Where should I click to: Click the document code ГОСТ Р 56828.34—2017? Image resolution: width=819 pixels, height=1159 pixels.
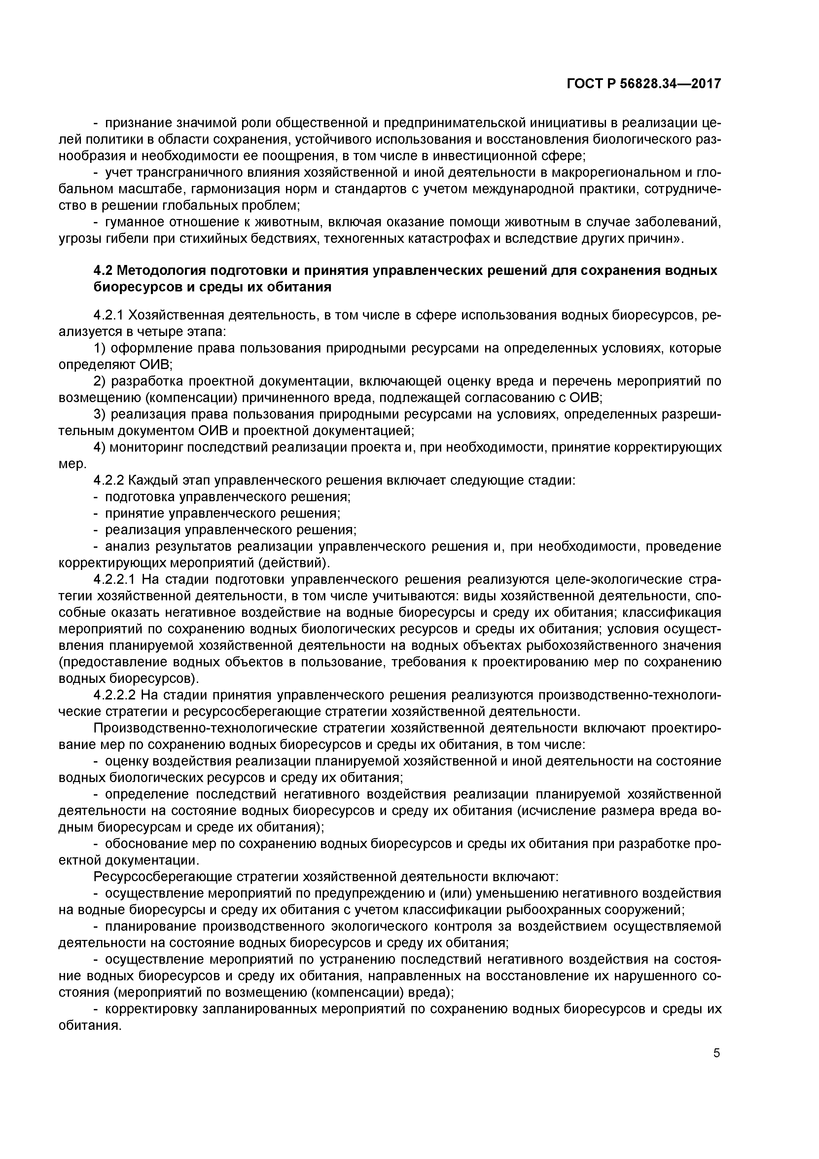pos(644,83)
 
